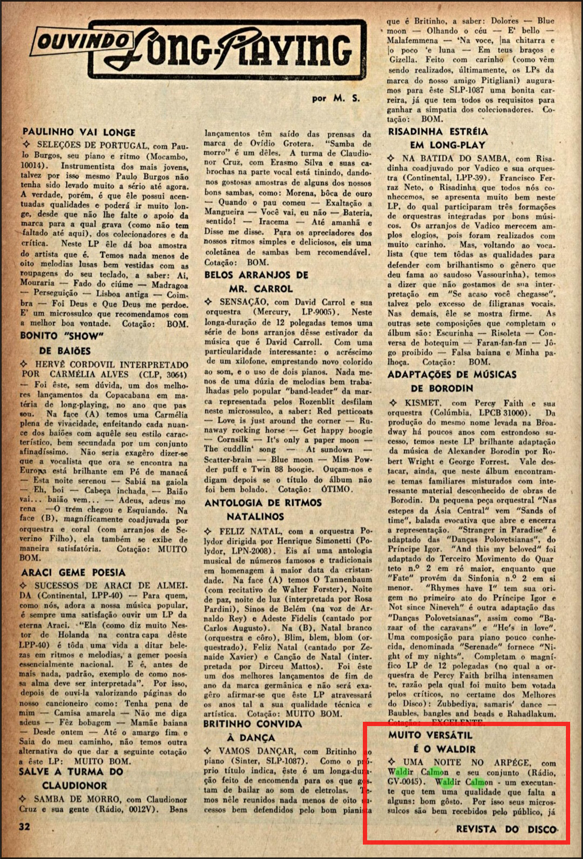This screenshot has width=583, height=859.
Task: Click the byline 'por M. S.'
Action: coord(336,98)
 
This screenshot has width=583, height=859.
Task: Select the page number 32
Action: coord(25,826)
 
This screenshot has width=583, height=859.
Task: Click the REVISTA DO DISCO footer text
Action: coord(506,829)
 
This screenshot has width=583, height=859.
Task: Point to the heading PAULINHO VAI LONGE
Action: coord(79,132)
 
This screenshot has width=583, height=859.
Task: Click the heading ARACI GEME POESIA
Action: coord(73,572)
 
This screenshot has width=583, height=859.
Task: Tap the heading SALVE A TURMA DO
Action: coord(71,771)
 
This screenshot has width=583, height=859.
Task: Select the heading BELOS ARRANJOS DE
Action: coord(256,275)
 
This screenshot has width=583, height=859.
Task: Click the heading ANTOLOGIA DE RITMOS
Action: coord(263,502)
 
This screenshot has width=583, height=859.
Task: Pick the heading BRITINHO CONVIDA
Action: coord(252,724)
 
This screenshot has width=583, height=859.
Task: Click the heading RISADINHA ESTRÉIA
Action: coord(438,131)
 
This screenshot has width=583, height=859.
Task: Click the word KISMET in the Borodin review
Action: coord(422,403)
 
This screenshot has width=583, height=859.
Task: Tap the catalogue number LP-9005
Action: coord(315,312)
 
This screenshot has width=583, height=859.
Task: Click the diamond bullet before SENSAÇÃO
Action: coord(208,302)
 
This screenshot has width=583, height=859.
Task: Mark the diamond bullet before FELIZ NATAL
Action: coord(208,531)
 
